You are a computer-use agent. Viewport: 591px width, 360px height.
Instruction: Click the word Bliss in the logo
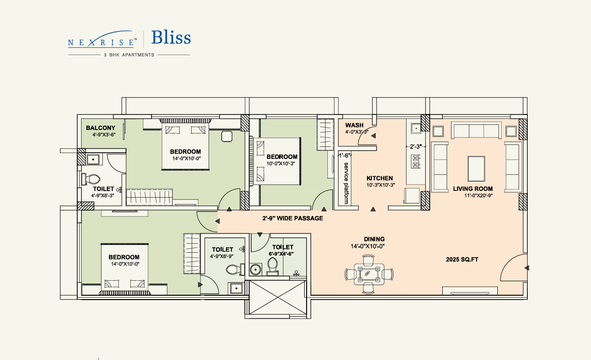(x=171, y=38)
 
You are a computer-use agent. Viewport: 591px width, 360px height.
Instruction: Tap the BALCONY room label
(x=100, y=128)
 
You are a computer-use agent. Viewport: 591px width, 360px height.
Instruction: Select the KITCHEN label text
(x=380, y=178)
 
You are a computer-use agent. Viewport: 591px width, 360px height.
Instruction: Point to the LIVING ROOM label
(x=473, y=189)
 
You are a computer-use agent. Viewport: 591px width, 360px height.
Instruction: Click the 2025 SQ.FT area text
(x=462, y=259)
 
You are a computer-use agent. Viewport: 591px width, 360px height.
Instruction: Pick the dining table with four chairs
(x=369, y=274)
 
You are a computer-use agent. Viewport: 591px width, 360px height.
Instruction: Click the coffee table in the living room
(x=476, y=169)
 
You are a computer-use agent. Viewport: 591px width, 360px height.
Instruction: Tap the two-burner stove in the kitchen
(x=416, y=162)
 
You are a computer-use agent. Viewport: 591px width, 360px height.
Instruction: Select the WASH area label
(x=354, y=125)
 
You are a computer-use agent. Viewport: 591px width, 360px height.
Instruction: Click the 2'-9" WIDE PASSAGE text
(x=293, y=218)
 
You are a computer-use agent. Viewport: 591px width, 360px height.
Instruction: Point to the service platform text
(x=346, y=183)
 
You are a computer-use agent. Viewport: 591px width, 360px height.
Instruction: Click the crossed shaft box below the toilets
(x=278, y=297)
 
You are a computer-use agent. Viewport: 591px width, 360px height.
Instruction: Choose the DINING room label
(x=374, y=239)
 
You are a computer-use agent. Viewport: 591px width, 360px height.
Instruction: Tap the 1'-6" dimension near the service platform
(x=345, y=155)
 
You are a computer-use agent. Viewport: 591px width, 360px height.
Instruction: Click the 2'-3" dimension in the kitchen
(x=416, y=146)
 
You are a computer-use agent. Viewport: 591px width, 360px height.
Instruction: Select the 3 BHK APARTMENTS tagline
(x=129, y=55)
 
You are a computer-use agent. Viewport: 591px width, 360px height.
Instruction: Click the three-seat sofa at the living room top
(x=476, y=130)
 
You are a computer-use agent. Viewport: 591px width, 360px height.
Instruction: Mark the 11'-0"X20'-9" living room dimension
(x=478, y=196)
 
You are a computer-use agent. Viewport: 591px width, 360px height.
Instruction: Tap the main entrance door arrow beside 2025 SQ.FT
(x=527, y=268)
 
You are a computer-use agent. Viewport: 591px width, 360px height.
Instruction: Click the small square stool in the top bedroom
(x=226, y=136)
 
